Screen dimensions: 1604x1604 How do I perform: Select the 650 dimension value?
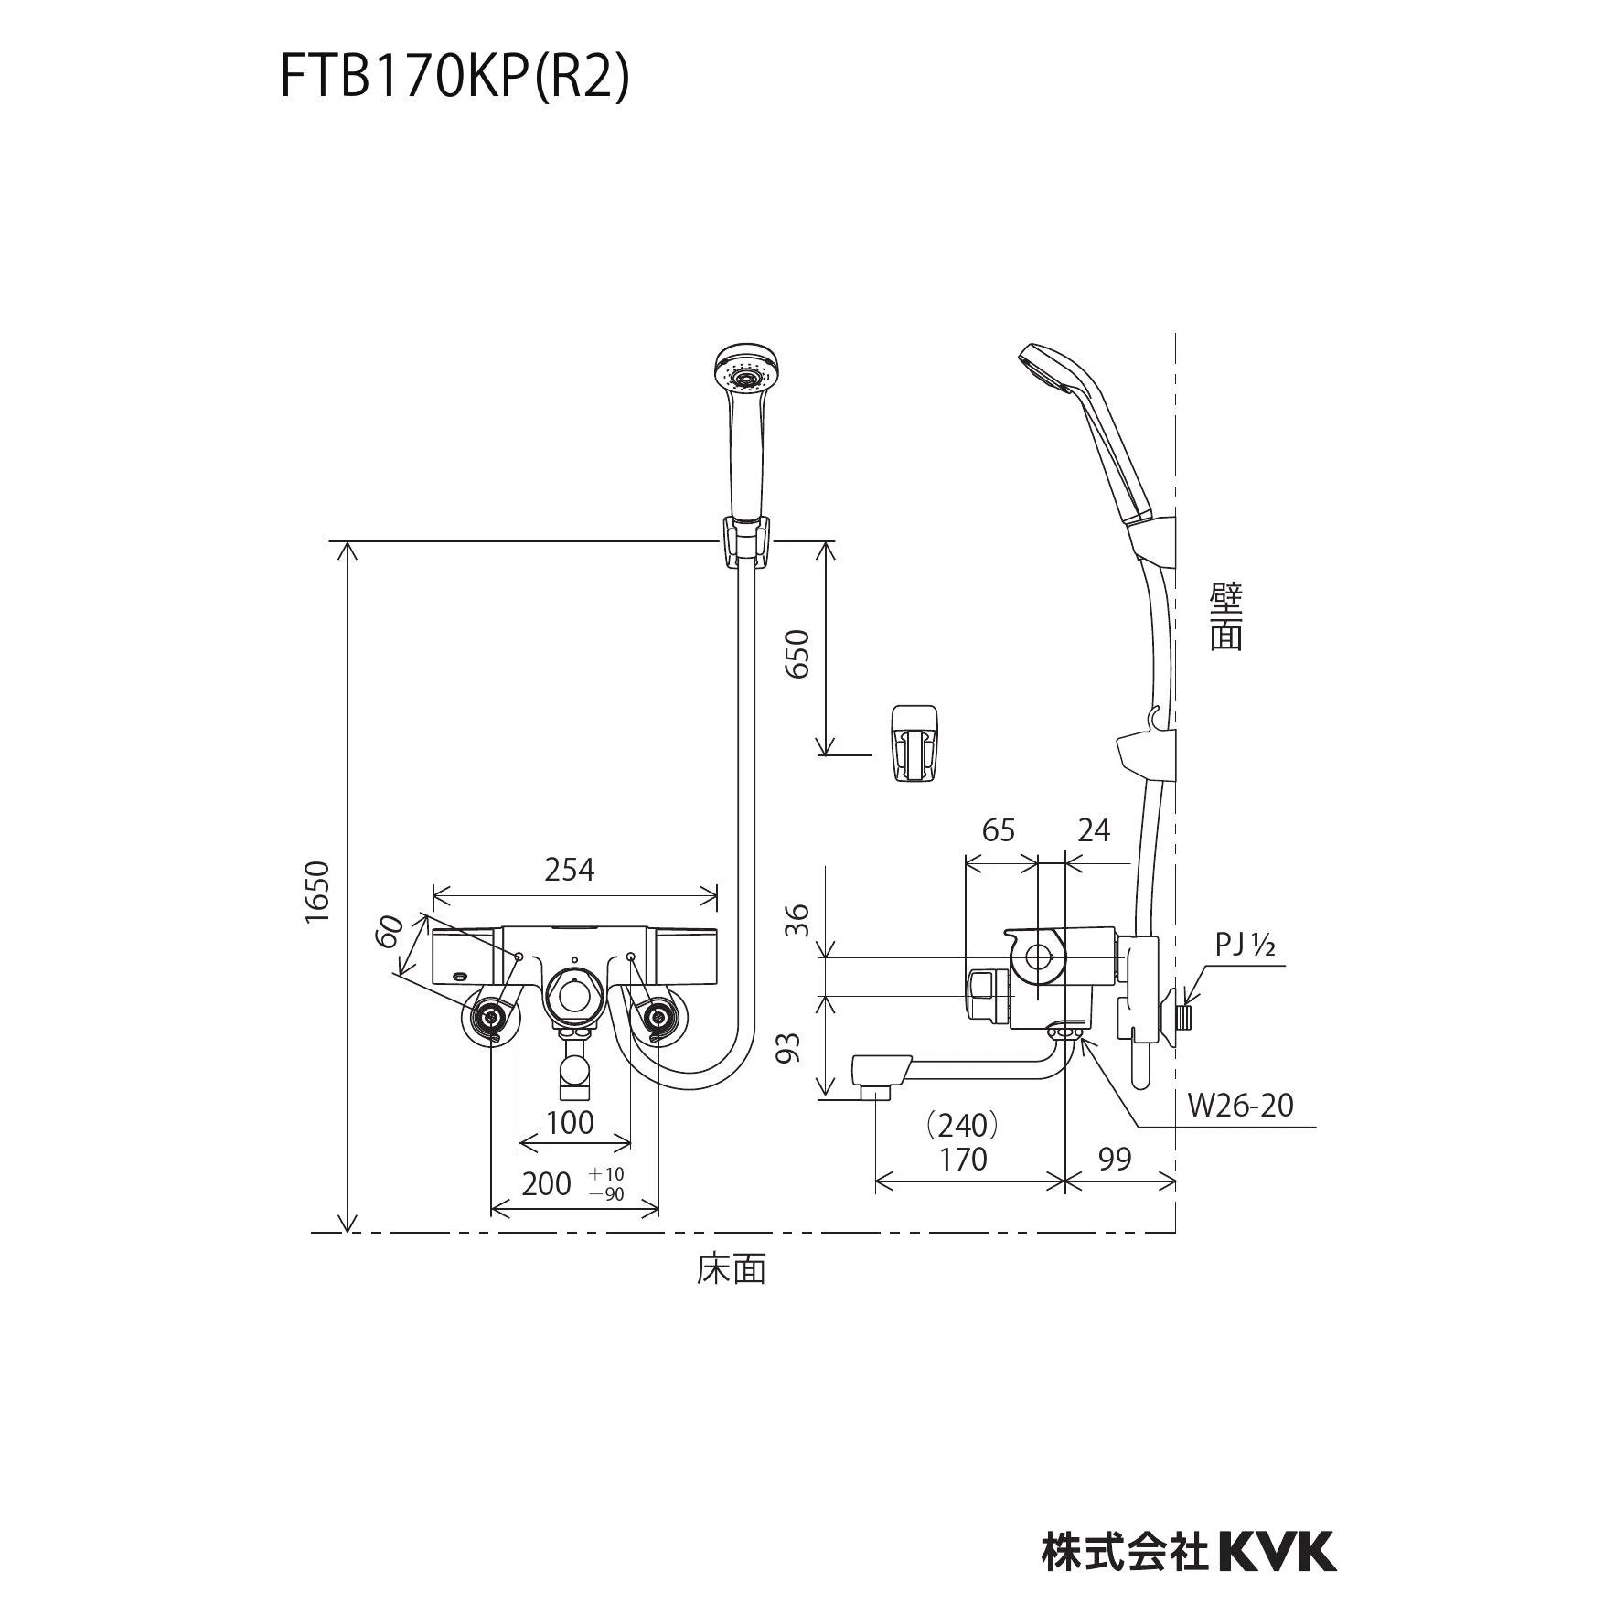point(797,653)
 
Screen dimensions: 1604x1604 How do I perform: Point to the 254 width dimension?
point(569,870)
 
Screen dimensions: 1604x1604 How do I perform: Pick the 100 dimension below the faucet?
point(570,1122)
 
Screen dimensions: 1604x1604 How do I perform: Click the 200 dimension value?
point(546,1184)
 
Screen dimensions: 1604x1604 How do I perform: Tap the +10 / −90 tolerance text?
point(606,1184)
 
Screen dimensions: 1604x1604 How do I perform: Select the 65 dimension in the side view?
point(999,830)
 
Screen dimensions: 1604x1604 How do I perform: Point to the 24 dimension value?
point(1094,830)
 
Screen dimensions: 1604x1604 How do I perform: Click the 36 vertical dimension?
point(797,919)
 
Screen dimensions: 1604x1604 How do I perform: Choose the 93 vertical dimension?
point(788,1047)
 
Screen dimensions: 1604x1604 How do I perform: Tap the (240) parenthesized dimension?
point(961,1124)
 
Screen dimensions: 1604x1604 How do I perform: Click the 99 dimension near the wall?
point(1115,1159)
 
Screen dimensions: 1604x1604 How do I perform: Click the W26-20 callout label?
point(1241,1106)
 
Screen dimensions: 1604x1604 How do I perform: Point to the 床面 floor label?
point(731,1269)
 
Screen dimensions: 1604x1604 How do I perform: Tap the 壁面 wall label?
point(1225,618)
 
